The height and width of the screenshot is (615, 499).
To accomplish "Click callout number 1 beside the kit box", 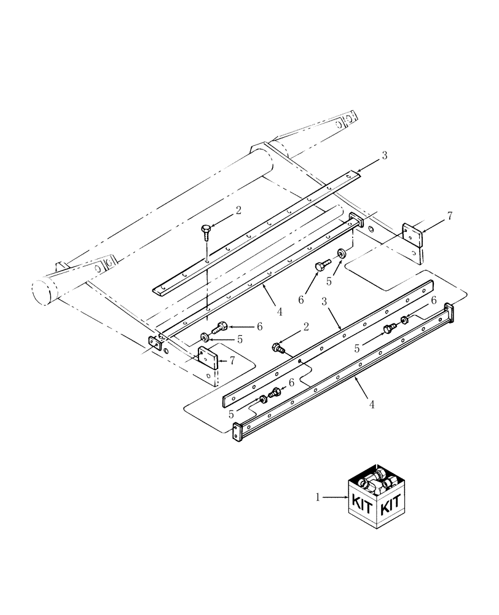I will click(x=318, y=498).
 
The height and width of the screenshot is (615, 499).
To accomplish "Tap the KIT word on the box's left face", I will click(x=363, y=505).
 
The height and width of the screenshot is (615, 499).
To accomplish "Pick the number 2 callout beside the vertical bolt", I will click(x=238, y=210).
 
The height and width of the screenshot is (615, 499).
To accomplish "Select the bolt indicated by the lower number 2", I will click(x=278, y=349).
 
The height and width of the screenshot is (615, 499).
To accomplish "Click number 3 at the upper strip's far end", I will click(x=384, y=156).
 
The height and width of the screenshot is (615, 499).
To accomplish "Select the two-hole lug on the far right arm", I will click(x=348, y=117).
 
